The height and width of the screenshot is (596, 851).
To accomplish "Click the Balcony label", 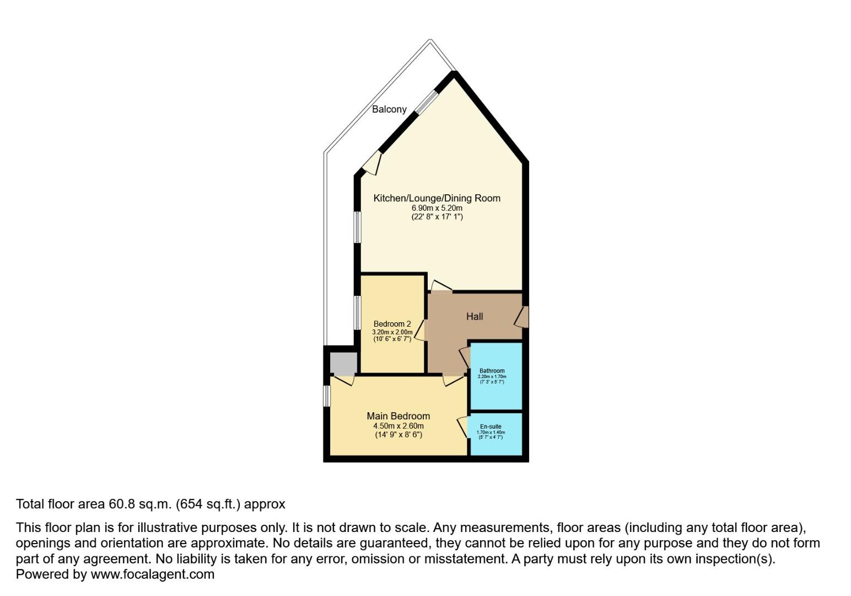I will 389,109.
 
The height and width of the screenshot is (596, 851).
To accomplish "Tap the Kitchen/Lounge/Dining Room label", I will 437,198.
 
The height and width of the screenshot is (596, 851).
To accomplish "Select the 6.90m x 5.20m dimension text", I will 437,208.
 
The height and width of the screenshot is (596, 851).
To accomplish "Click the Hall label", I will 474,316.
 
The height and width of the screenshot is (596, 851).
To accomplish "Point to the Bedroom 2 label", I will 392,324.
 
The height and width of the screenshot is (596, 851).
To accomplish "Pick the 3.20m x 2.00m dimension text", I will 392,332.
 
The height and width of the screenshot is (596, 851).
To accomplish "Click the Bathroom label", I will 492,371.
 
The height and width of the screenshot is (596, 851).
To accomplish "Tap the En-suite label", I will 491,427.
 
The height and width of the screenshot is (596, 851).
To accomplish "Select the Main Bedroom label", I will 398,416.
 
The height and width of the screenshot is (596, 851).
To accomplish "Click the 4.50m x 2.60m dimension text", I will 398,426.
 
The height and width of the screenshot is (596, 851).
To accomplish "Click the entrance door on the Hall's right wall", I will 522,317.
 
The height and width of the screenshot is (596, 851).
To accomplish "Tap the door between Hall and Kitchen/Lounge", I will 441,286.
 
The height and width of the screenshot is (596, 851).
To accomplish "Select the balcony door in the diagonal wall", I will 373,164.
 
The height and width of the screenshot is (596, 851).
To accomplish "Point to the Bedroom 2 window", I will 357,313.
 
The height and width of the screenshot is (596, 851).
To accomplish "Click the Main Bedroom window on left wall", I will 327,396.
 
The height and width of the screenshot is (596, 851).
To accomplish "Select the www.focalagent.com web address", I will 152,574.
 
